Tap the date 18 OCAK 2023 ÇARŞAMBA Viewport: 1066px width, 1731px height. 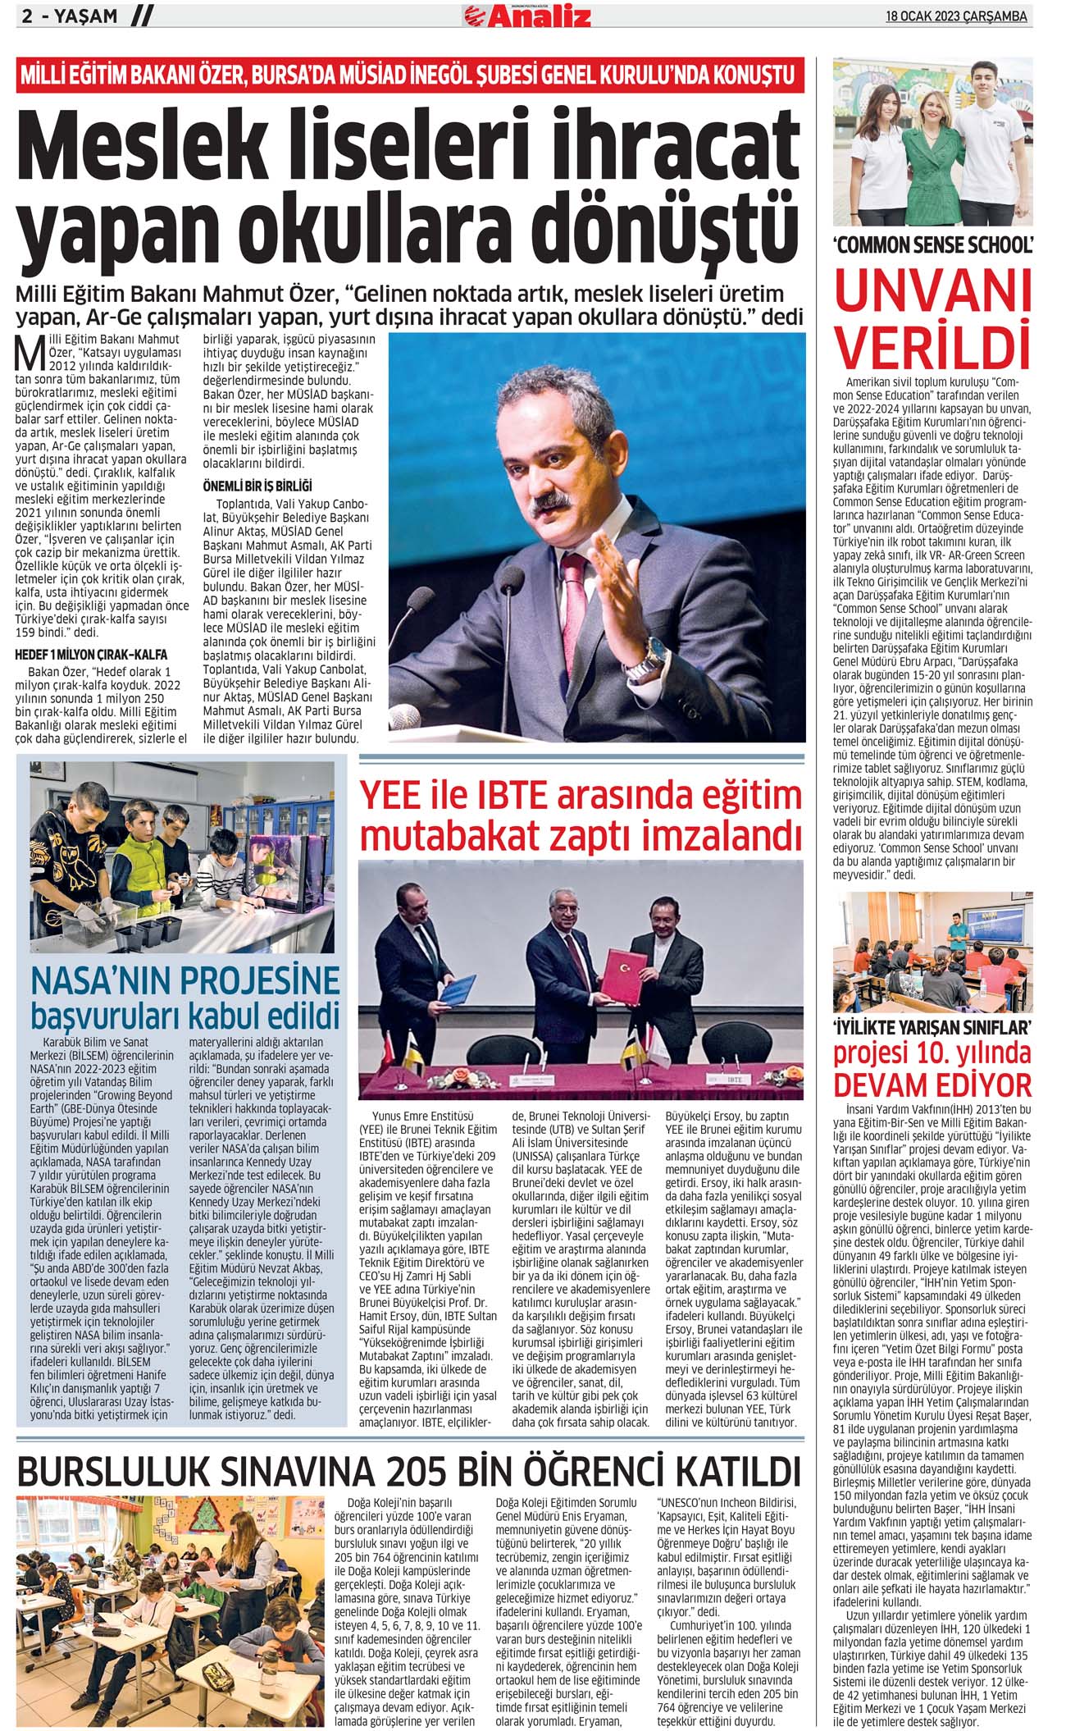click(956, 16)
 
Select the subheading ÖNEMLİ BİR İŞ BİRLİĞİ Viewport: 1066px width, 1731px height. click(257, 486)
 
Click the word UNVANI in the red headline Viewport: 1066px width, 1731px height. click(933, 291)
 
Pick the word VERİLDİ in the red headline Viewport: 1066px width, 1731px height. click(933, 346)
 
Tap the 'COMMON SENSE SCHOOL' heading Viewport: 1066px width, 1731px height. click(933, 244)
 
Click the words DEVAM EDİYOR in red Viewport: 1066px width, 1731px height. click(933, 1084)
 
